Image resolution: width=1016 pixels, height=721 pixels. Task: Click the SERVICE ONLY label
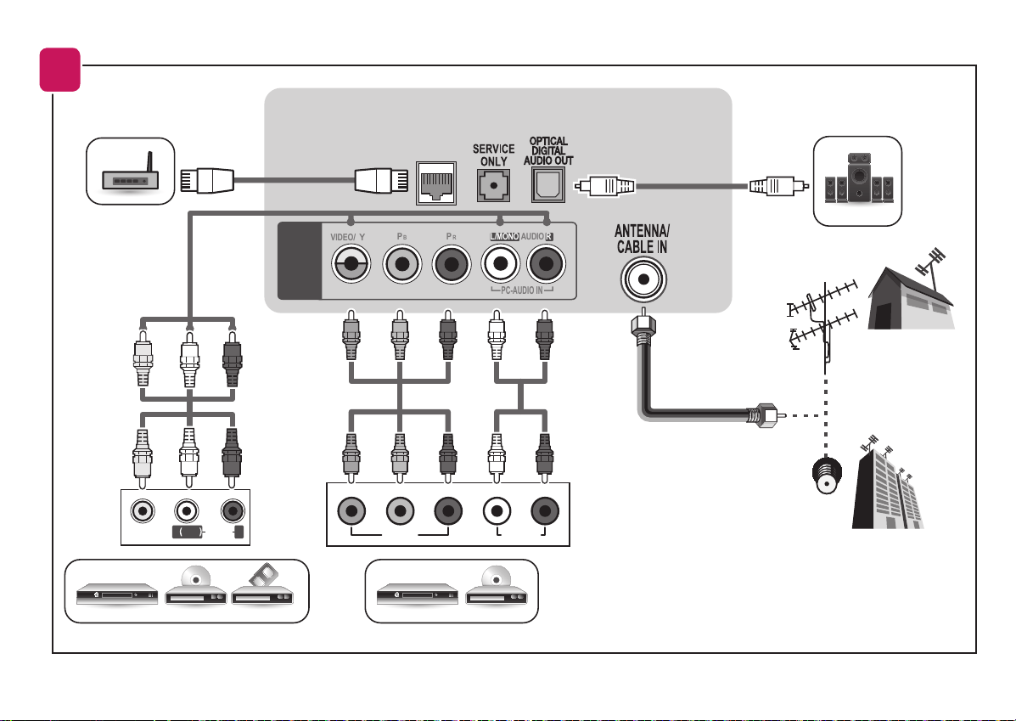pos(493,155)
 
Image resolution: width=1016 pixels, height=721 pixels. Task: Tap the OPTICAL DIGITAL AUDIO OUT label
pos(548,150)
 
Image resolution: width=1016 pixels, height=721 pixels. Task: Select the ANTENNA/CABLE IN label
pos(643,239)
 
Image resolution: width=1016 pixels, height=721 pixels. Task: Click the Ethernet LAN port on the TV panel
pos(436,183)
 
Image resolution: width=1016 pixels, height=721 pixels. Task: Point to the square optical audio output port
pos(548,185)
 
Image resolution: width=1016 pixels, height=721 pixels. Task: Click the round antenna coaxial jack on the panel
pos(643,279)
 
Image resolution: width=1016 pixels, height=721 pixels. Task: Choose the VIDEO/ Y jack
pos(351,264)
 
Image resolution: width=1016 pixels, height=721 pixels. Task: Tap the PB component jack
pos(402,264)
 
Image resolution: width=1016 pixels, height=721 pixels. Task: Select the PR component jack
pos(452,264)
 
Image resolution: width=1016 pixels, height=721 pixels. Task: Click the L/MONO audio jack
pos(500,264)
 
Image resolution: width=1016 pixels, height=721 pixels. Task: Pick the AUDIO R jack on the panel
pos(547,264)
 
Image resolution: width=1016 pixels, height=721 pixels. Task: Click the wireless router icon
pos(130,172)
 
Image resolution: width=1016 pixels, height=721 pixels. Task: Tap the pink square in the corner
pos(60,70)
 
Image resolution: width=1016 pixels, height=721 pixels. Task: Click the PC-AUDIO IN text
pos(522,290)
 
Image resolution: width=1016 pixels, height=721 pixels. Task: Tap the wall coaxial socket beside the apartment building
pos(827,476)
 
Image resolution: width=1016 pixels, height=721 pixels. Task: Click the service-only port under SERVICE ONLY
pos(493,185)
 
